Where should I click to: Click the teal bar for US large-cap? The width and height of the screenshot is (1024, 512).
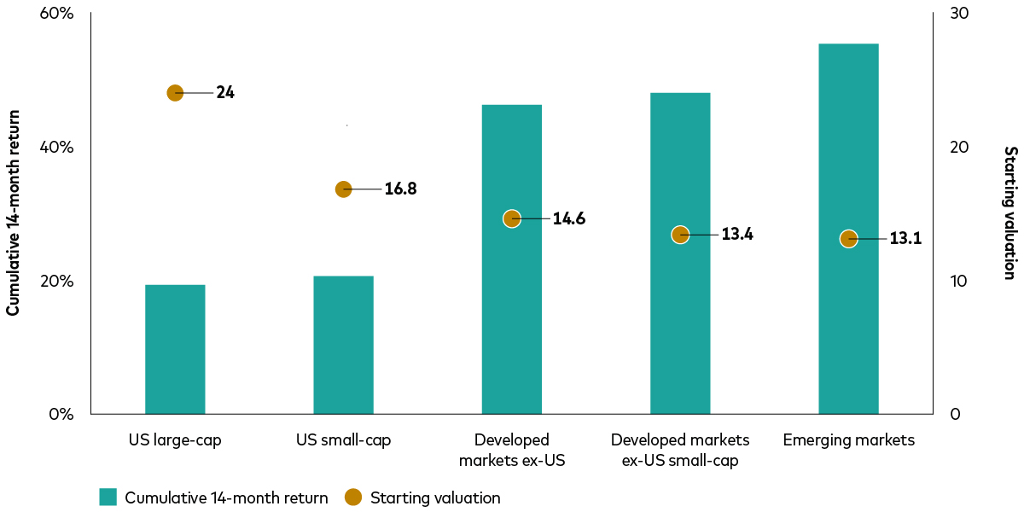[x=175, y=349]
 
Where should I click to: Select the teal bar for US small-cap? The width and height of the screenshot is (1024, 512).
[x=343, y=345]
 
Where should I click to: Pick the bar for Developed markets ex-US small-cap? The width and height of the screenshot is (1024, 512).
[x=680, y=324]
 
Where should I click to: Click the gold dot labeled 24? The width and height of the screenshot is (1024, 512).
[x=175, y=93]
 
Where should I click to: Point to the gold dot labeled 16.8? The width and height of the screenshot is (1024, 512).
[x=343, y=189]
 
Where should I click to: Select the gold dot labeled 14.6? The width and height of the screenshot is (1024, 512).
[x=512, y=218]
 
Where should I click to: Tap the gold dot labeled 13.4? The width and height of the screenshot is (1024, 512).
[x=680, y=235]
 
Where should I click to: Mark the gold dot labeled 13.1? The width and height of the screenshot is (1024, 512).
[x=848, y=239]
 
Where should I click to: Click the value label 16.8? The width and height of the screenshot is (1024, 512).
[x=400, y=189]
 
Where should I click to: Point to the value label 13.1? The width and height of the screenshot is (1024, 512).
[x=905, y=239]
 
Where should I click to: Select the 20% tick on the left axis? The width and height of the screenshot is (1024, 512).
[x=57, y=282]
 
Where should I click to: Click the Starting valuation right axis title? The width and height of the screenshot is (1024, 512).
[x=1009, y=212]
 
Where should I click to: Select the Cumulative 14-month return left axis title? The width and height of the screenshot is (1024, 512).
[x=13, y=213]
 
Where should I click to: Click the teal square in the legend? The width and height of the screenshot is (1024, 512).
[x=108, y=497]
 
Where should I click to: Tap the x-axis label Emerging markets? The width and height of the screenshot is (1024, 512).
[x=848, y=440]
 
